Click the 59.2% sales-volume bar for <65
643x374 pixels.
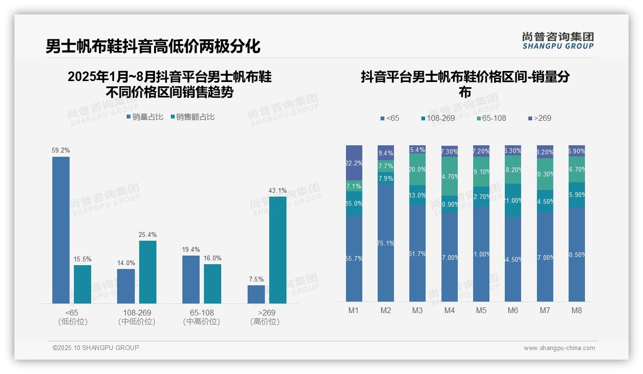[61, 230]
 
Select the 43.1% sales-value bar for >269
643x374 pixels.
[277, 250]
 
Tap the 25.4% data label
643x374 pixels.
[148, 234]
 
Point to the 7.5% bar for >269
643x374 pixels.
[256, 294]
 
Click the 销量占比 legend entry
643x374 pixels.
[145, 117]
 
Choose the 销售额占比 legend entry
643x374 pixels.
[192, 117]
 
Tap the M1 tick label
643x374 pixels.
[354, 310]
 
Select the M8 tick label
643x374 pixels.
[576, 310]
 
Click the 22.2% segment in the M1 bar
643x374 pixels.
[354, 163]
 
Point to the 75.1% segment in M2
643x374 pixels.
[386, 243]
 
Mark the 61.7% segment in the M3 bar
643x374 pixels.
[417, 253]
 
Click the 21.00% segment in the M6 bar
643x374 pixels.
[513, 200]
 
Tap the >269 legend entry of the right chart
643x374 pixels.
[540, 118]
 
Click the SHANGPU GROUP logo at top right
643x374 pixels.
[558, 41]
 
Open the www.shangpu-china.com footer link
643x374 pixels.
[559, 348]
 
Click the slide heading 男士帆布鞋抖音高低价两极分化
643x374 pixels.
[153, 46]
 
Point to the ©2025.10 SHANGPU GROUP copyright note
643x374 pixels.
[96, 348]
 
